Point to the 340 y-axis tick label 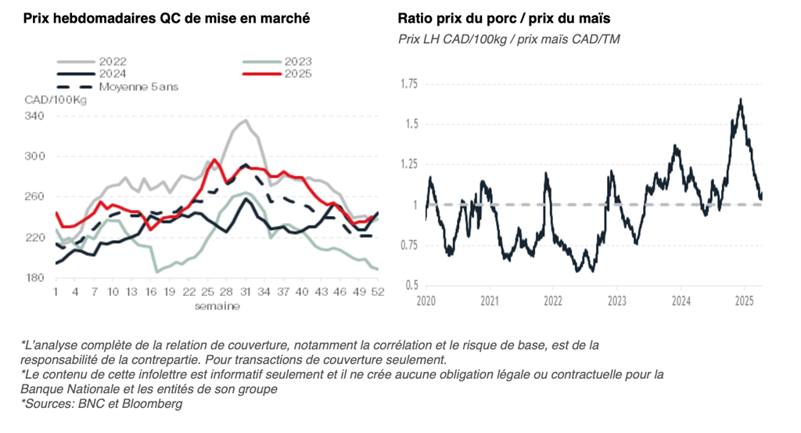(x=35, y=116)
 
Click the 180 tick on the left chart (x=35, y=278)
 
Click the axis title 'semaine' (x=217, y=305)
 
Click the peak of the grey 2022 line (x=245, y=121)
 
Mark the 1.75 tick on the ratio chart (x=408, y=84)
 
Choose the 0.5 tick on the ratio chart (x=411, y=285)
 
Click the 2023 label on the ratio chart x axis (x=616, y=300)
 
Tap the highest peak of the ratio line (x=740, y=99)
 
